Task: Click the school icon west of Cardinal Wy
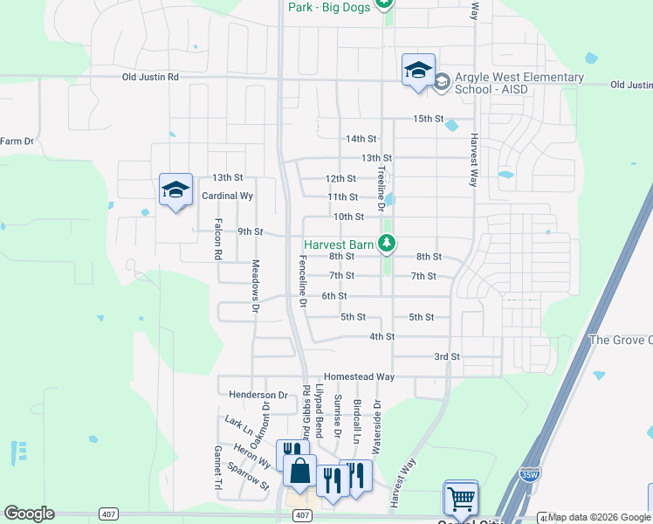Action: [x=175, y=189]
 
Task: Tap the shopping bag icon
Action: [x=299, y=470]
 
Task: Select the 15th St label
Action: [x=429, y=119]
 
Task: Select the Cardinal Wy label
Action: [x=227, y=196]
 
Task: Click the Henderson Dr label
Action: [x=258, y=395]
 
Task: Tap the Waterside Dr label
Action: [x=377, y=428]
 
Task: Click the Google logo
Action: [x=29, y=514]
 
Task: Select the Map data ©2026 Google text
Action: [x=600, y=517]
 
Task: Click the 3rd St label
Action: [x=447, y=356]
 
